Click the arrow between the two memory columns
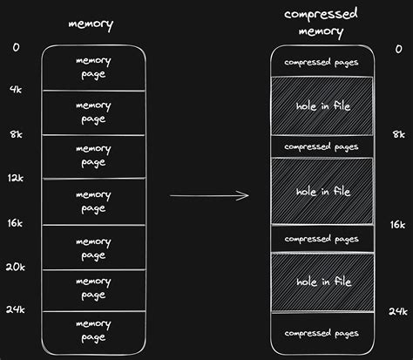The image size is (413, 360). click(209, 194)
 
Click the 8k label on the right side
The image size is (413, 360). click(398, 134)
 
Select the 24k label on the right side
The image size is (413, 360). click(397, 311)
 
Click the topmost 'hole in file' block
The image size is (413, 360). click(322, 105)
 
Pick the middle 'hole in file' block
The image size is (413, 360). click(322, 191)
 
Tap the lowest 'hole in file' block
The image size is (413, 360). click(322, 282)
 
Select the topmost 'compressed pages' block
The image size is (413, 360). click(322, 63)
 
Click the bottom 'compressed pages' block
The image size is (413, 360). click(322, 333)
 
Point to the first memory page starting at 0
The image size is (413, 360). click(93, 68)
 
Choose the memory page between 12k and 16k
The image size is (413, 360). click(93, 201)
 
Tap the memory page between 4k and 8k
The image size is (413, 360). click(93, 112)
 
